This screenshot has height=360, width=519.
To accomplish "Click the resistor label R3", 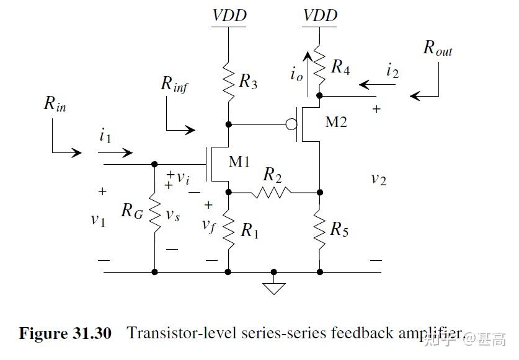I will [x=248, y=81].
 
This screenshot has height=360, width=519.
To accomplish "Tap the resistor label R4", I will [x=340, y=67].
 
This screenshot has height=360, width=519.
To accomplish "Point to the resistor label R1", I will [x=249, y=231].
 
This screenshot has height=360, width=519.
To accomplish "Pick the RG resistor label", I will [x=131, y=211].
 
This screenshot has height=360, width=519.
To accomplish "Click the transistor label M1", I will [x=239, y=162].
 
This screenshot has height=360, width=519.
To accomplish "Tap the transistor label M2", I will [x=336, y=122].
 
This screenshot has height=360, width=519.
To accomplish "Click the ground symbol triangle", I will [x=273, y=286].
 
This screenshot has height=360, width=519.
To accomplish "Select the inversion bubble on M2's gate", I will [x=290, y=125].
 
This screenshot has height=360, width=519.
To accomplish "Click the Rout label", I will [x=438, y=49].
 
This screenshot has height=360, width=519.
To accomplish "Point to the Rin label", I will [x=55, y=104].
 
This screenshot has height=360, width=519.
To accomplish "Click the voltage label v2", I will [x=378, y=179].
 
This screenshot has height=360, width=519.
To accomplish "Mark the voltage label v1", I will [x=98, y=219].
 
